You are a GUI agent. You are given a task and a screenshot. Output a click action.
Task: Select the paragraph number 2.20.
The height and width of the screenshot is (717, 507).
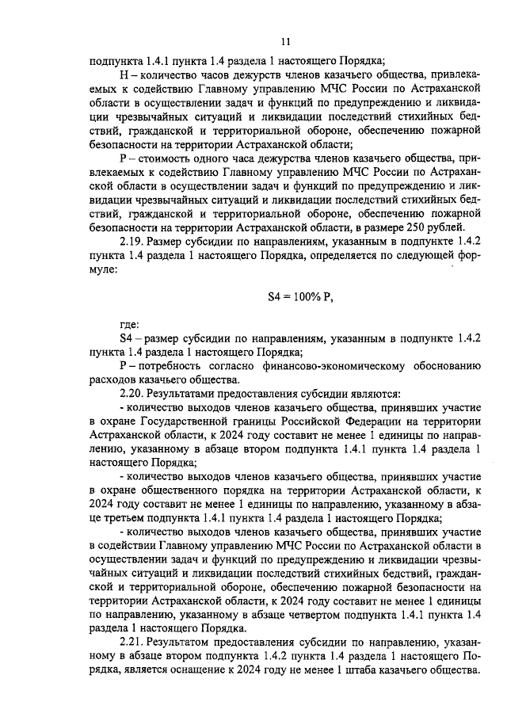pyautogui.click(x=132, y=393)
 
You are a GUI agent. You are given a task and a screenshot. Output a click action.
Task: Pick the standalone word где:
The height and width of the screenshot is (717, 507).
pyautogui.click(x=129, y=324)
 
